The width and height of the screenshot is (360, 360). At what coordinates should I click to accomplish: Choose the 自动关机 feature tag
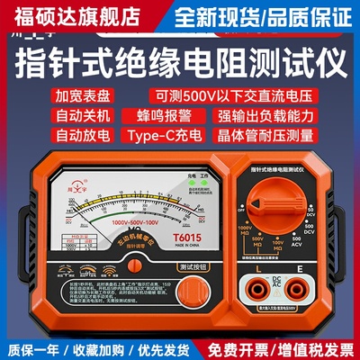pyautogui.click(x=53, y=119)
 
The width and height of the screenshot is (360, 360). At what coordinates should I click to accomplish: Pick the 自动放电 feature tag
pyautogui.click(x=53, y=140)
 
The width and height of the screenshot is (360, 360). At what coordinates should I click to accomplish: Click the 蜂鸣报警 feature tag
pyautogui.click(x=155, y=119)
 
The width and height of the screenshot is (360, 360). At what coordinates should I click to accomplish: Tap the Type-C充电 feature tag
pyautogui.click(x=155, y=140)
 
